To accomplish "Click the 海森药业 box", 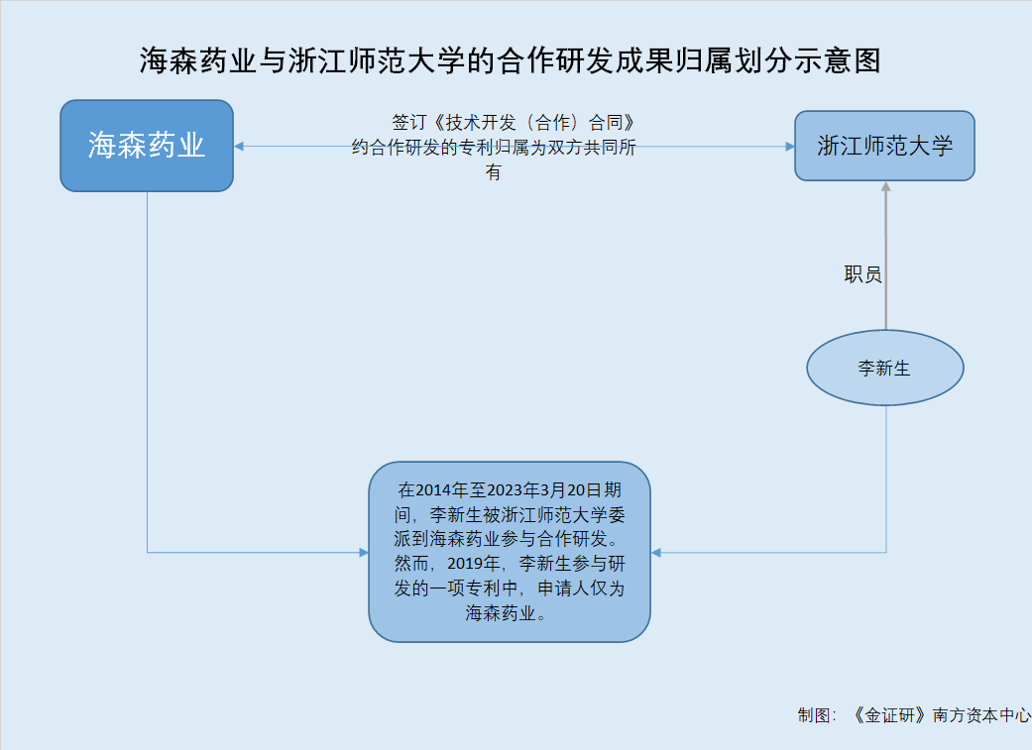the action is coord(147,146).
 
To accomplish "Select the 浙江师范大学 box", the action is coord(884,146).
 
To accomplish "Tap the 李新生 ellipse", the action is coord(885,368).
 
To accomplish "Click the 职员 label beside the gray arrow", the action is coord(862,273).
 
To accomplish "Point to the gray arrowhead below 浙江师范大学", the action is coord(886,186).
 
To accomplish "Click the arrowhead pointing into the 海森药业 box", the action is coord(238,146).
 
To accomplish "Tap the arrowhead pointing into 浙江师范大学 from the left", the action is coord(790,146).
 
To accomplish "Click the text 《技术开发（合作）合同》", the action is coord(533,123).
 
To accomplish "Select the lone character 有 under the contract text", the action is coord(493,172).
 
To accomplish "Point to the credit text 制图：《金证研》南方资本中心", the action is coord(914,715).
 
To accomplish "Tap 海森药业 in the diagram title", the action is coord(197,60).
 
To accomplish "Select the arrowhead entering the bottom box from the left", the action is coord(364,553).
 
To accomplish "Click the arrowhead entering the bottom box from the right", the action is coord(655,553).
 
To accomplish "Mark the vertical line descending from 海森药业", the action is coord(147,373).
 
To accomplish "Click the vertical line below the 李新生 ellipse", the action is coord(886,479).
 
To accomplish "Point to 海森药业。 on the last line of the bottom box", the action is coord(506,613).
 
